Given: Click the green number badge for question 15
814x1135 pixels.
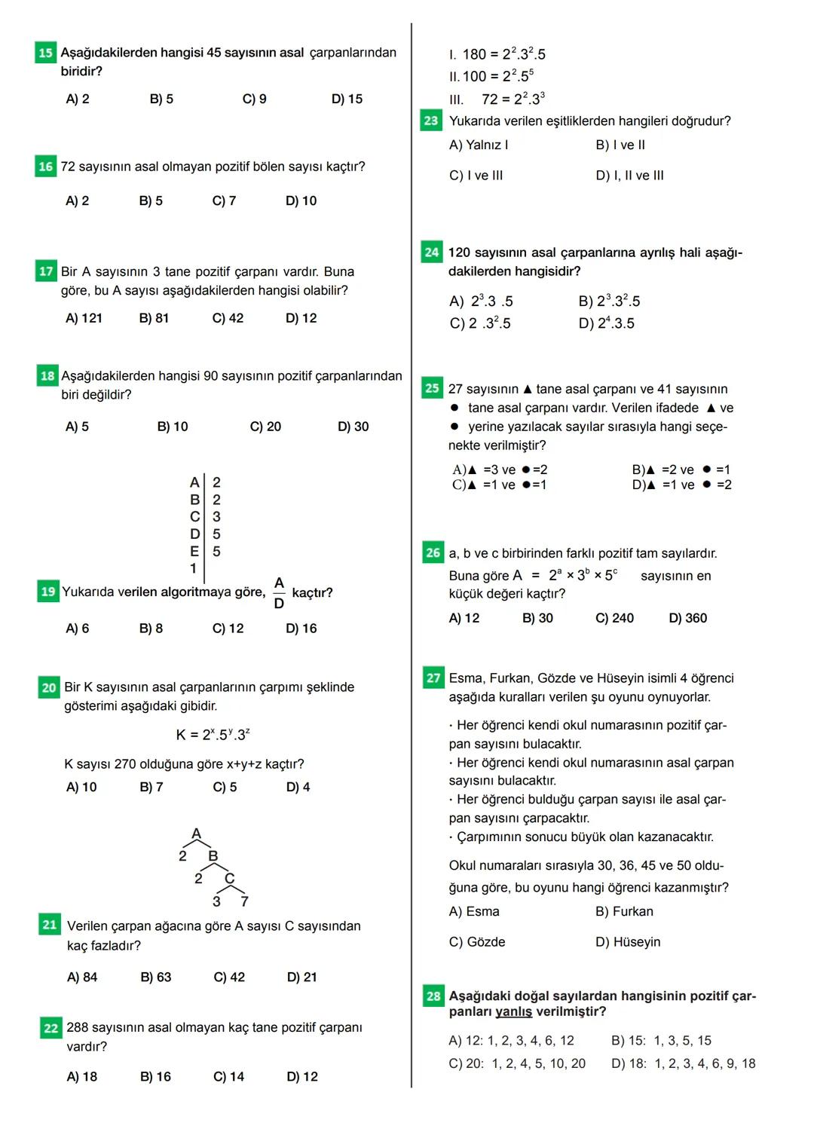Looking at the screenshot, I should [x=45, y=53].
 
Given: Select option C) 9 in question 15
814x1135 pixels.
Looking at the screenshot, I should [x=254, y=99].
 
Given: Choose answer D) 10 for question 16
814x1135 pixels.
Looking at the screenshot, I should [x=301, y=200].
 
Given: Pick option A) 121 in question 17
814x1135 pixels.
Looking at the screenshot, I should [x=84, y=318].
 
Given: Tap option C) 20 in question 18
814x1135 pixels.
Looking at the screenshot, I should [x=265, y=427].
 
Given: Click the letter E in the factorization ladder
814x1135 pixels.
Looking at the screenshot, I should [x=194, y=552].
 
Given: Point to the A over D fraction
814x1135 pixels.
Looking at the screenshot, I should [x=279, y=592].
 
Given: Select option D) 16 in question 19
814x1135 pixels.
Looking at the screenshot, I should [x=301, y=629].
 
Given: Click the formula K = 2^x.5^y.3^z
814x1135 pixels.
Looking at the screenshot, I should [x=213, y=734].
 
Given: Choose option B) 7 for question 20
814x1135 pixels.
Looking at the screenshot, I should [x=151, y=787].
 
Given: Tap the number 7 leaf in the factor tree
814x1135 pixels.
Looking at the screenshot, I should [x=244, y=901].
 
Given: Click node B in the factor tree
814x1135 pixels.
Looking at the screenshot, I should [x=213, y=856].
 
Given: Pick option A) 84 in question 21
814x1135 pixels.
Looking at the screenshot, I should [x=82, y=977].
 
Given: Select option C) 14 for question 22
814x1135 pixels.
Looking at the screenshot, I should [x=228, y=1076].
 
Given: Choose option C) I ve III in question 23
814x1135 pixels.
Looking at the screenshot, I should [x=476, y=176].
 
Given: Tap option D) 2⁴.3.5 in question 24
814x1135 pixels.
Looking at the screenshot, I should [x=606, y=323].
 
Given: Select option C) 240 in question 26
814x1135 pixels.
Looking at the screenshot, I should [x=614, y=618].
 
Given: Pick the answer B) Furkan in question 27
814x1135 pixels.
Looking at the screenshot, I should [x=624, y=911].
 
